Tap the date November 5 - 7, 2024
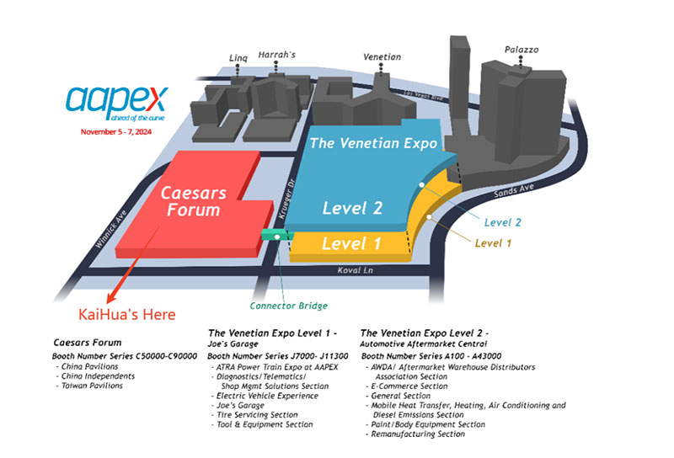[x=116, y=132]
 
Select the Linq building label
[x=238, y=58]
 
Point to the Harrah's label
[x=277, y=54]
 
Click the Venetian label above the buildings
[x=382, y=57]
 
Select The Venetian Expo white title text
[x=373, y=143]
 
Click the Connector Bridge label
[x=288, y=306]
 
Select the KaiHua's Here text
[x=127, y=314]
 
